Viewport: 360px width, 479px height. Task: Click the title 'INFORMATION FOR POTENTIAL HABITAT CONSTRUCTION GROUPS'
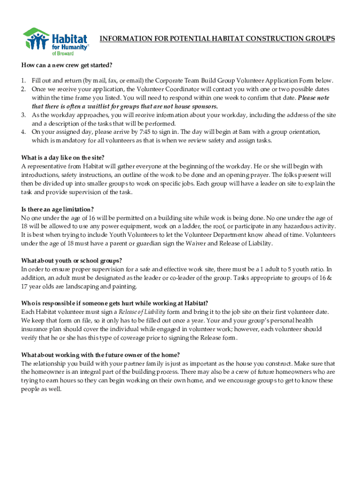[x=217, y=39]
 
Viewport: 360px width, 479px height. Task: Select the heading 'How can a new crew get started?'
[x=67, y=65]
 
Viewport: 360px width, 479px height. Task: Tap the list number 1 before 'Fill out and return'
[x=23, y=80]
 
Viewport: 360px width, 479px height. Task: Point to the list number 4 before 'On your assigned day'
[x=23, y=132]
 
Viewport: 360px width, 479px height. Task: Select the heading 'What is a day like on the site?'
[x=65, y=158]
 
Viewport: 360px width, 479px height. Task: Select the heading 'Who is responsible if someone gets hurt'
[x=115, y=303]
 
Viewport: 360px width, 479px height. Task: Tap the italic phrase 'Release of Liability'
[x=142, y=312]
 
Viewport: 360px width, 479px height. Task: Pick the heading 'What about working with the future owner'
[x=101, y=355]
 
